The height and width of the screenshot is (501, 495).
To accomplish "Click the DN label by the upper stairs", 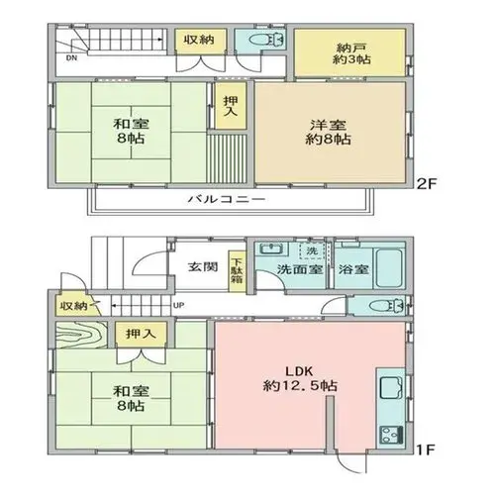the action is [x=71, y=58].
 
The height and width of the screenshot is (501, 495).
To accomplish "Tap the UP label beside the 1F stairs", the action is [x=178, y=305].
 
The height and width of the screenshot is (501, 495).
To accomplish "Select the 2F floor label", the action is [x=427, y=184].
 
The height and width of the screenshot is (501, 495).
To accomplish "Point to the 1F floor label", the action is [x=426, y=450].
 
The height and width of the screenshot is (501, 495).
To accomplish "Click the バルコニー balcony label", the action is [x=227, y=199].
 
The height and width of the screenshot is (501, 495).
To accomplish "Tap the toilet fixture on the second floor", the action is [x=266, y=41].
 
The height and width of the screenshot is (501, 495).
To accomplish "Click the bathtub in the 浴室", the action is [x=389, y=268].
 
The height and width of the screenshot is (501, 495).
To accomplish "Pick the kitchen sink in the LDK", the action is [x=391, y=388].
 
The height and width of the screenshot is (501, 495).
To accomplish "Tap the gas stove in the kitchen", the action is [x=391, y=435].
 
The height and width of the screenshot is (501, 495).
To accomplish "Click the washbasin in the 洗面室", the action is [x=270, y=249].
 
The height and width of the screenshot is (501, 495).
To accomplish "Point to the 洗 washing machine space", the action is [x=312, y=250].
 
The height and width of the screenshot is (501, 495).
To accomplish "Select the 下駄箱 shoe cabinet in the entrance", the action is [x=237, y=271].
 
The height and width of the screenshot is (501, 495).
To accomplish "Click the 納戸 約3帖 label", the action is [x=351, y=53].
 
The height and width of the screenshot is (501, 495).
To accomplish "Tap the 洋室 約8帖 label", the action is [x=328, y=133].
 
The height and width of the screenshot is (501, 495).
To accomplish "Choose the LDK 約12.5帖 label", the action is [x=300, y=378].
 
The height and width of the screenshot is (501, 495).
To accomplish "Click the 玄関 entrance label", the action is [x=203, y=266].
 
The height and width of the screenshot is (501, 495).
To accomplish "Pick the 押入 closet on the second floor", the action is [x=231, y=106].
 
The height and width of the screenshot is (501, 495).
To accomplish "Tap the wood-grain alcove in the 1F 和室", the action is [x=81, y=335].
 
